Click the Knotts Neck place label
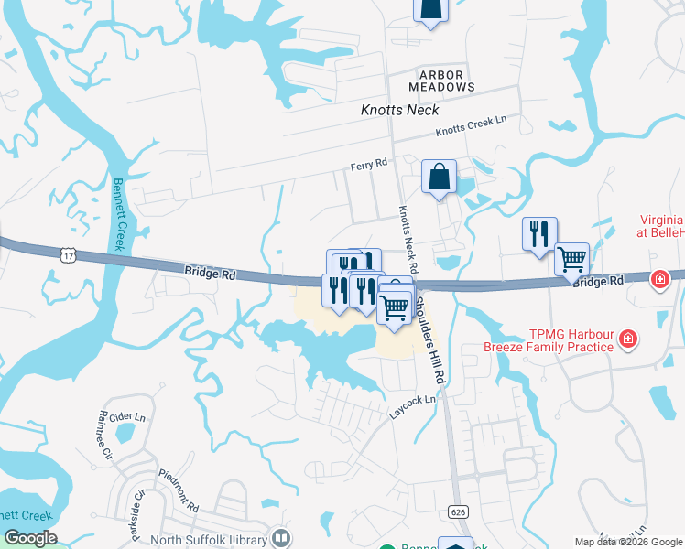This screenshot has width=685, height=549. pos(399,110)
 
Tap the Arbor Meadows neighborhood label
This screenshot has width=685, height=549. pos(448,80)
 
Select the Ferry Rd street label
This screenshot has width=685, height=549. pos(369,165)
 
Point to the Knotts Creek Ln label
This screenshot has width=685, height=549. pos(471,126)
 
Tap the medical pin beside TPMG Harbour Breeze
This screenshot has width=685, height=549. pos(628,340)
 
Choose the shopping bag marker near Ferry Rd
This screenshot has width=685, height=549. pos(440,177)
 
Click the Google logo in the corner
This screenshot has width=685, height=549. pos(29,538)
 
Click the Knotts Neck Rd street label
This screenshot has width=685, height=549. pos(408,240)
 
